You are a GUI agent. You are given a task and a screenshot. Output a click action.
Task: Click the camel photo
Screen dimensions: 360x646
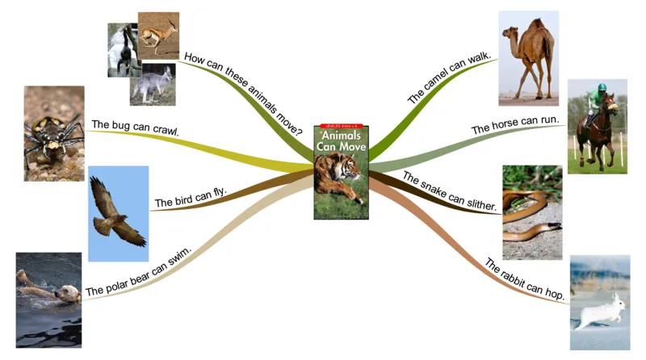tap(528, 58)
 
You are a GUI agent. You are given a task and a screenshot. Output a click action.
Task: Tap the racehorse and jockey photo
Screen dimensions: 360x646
tap(597, 127)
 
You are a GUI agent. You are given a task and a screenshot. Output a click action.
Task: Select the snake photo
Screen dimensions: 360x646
tap(532, 212)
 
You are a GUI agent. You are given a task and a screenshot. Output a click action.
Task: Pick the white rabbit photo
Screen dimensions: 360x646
tap(599, 303)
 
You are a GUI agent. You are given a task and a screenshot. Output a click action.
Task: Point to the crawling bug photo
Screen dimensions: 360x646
tap(53, 133)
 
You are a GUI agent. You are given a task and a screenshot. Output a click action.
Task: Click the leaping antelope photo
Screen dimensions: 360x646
tap(157, 35)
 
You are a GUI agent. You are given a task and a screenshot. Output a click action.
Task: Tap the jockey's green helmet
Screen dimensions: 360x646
tap(595, 91)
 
